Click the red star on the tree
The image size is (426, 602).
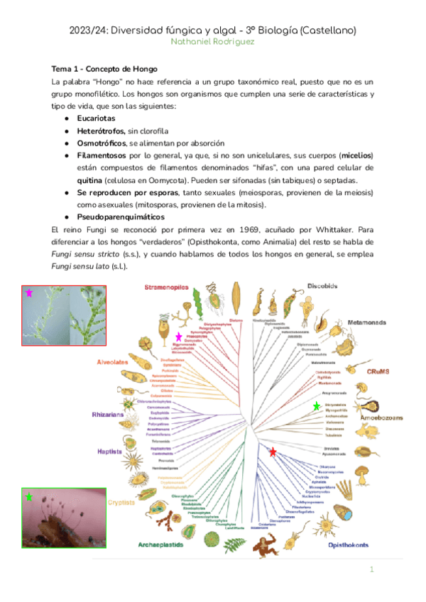point(273,451)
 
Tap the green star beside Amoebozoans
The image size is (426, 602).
point(316,405)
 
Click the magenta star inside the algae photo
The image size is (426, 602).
point(29,292)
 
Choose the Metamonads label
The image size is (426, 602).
point(366,322)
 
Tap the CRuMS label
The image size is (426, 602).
point(380,371)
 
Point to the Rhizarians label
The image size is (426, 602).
point(107,414)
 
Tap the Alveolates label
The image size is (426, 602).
point(112,361)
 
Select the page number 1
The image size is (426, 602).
point(371,570)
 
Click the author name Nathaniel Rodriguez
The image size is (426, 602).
point(212,42)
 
